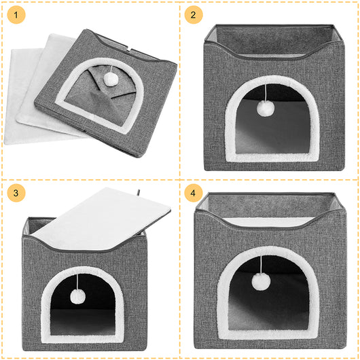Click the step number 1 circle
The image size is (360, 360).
click(x=16, y=14)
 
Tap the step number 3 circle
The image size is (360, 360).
click(x=16, y=193)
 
